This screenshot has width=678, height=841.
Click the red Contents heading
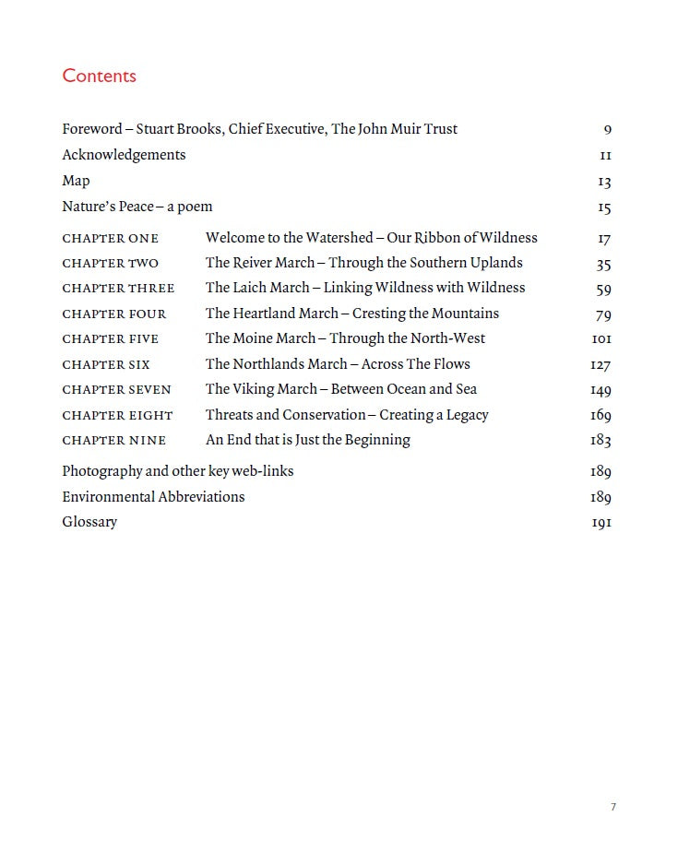pyautogui.click(x=99, y=76)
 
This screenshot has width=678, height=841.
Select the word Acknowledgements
pyautogui.click(x=124, y=155)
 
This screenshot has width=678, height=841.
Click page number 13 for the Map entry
pyautogui.click(x=604, y=183)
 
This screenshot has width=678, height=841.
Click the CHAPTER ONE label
pyautogui.click(x=110, y=239)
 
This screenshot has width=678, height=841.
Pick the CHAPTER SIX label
pyautogui.click(x=105, y=365)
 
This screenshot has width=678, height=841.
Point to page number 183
pyautogui.click(x=601, y=441)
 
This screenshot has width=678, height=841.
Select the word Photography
pyautogui.click(x=101, y=471)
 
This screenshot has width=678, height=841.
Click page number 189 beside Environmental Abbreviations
pyautogui.click(x=601, y=497)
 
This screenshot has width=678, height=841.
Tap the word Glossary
pyautogui.click(x=89, y=522)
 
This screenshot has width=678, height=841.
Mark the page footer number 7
pyautogui.click(x=613, y=808)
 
